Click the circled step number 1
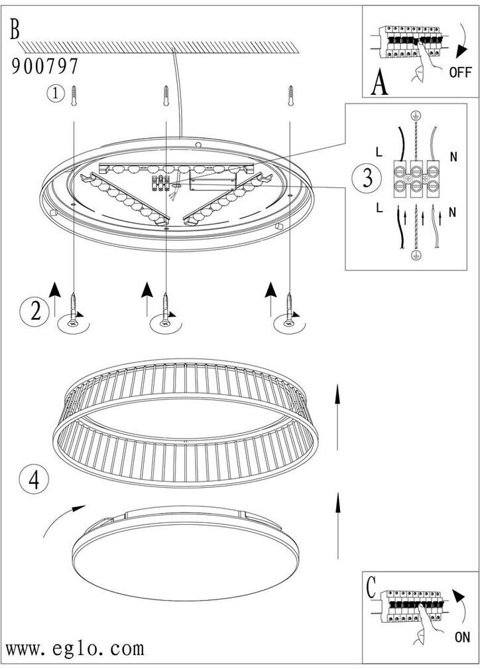55,94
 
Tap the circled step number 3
367,178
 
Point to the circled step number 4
34,480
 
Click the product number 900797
45,66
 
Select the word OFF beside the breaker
460,72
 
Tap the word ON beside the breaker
462,637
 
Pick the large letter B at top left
15,30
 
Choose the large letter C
371,587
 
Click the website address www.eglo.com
75,649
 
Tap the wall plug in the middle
166,96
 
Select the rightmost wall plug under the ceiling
291,96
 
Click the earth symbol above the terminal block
414,115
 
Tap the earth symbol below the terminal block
414,255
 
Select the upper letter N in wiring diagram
453,157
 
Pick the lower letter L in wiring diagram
379,208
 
